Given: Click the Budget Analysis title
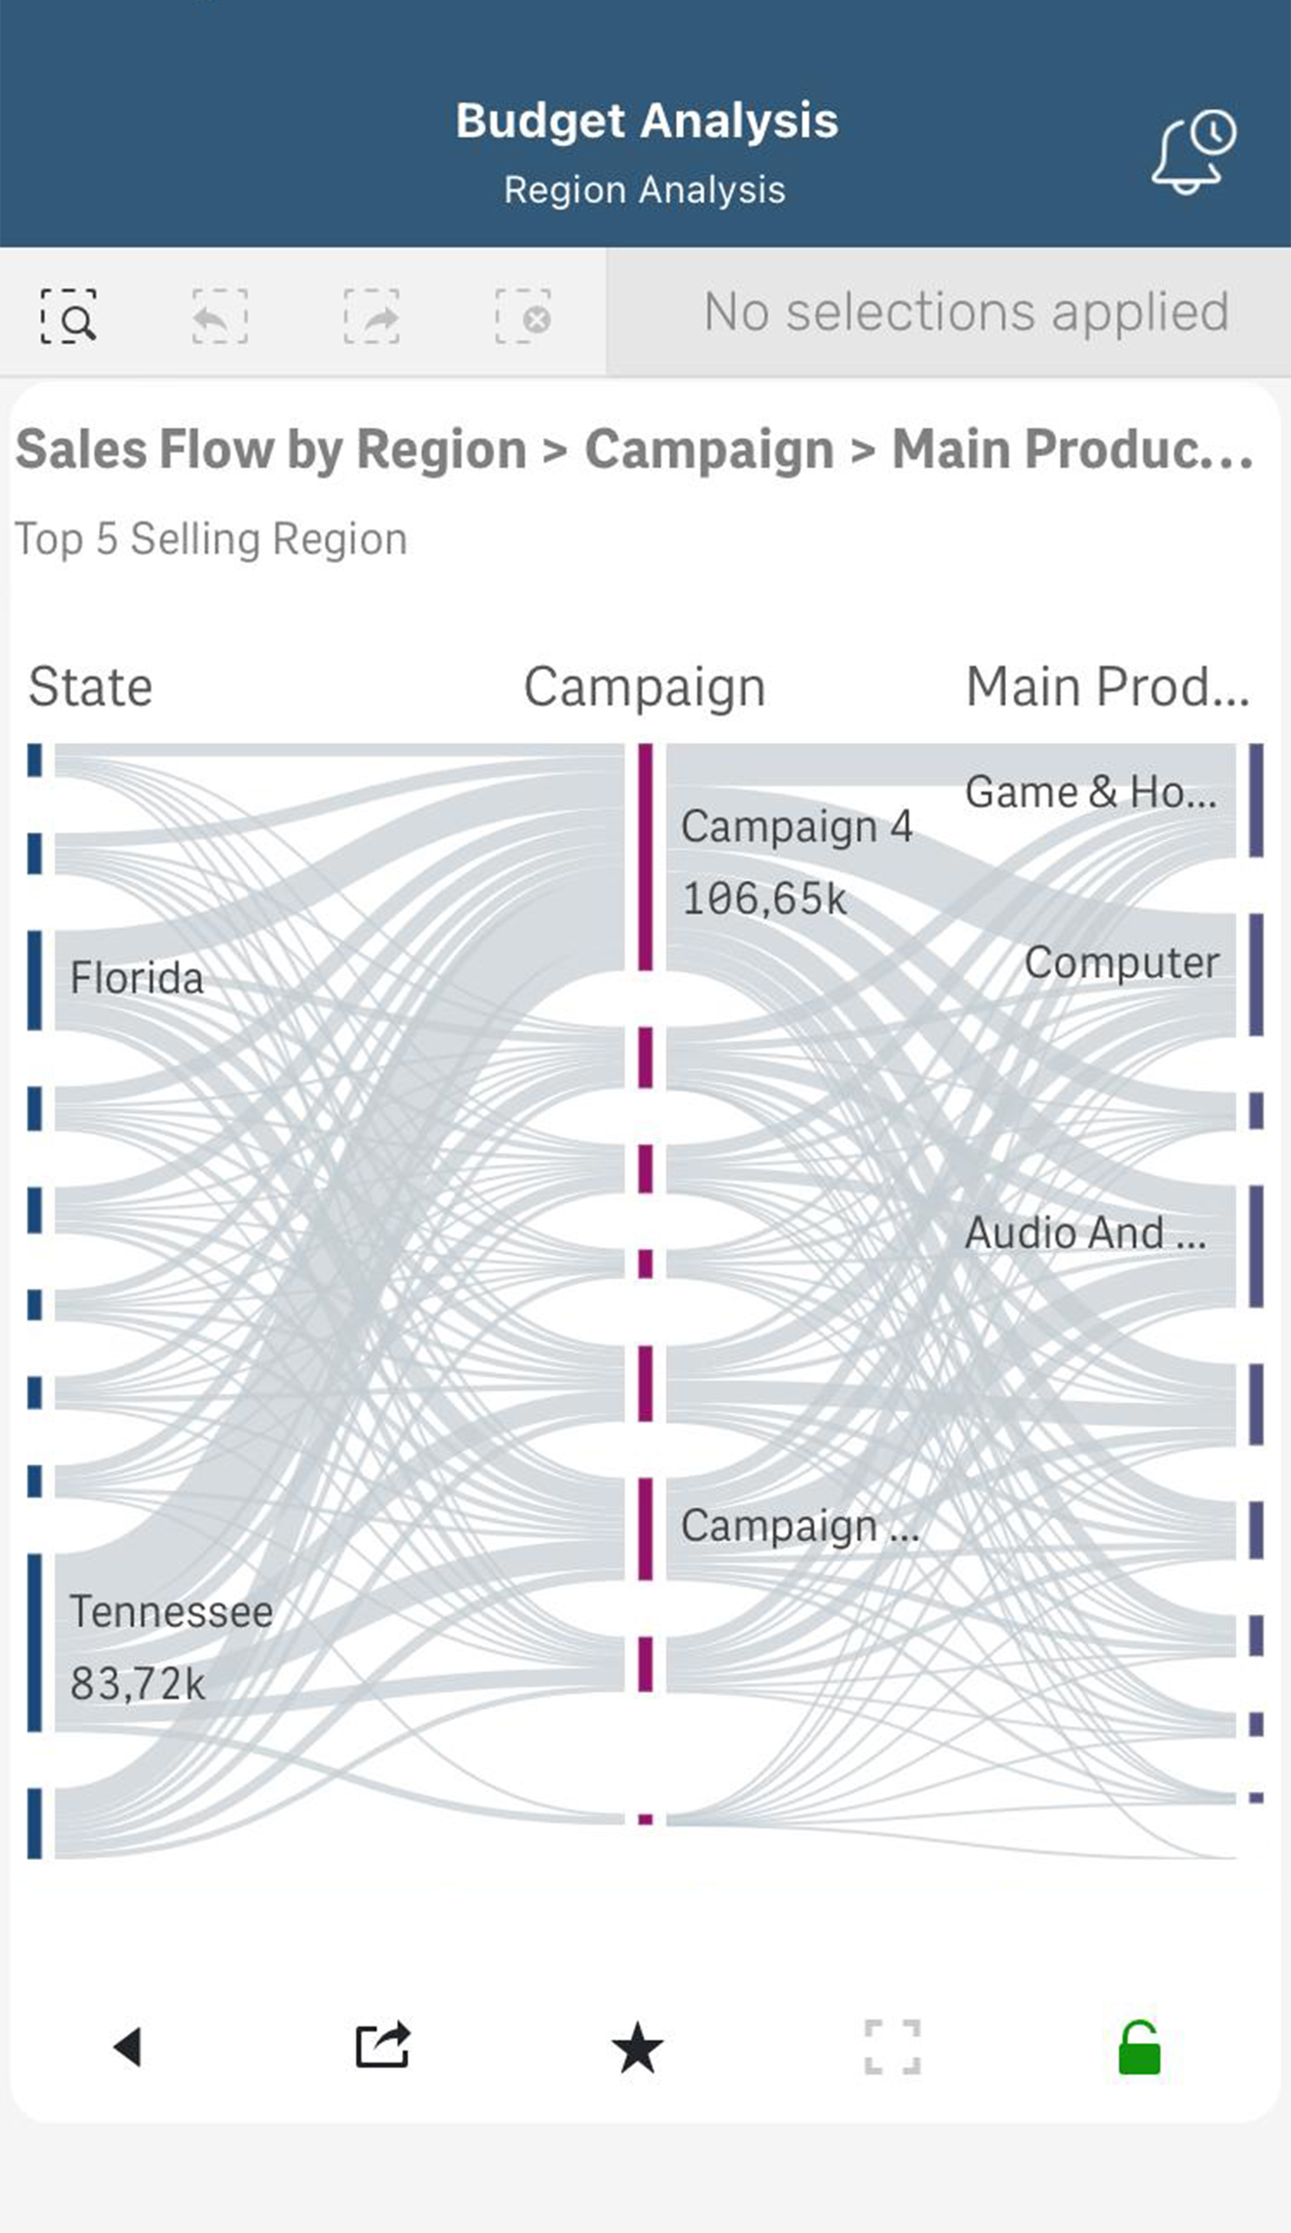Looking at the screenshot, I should (646, 120).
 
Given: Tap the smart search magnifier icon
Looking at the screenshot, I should (68, 316).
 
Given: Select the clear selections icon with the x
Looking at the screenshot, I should (523, 316).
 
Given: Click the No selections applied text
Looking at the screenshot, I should (966, 312).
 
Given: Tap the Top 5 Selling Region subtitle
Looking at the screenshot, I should (211, 539).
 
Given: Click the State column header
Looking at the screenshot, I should (90, 687).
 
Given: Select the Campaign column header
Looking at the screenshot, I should (644, 687).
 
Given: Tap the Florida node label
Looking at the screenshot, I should (136, 978).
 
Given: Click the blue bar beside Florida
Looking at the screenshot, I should (34, 980).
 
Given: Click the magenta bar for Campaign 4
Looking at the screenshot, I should (645, 857).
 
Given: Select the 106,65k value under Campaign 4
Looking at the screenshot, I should (763, 898).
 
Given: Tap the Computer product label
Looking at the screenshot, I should (1121, 963).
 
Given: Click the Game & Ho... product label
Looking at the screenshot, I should (1090, 792).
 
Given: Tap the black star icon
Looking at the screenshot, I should (637, 2048).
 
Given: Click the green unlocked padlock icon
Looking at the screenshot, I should (1139, 2048).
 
